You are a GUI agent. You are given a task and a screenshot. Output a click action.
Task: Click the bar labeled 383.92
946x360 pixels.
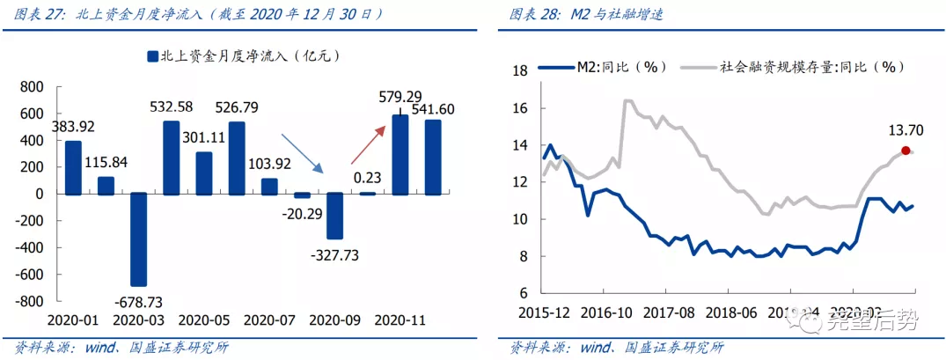click(x=73, y=166)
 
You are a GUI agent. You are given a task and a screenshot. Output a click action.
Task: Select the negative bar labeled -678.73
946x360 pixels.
click(x=138, y=239)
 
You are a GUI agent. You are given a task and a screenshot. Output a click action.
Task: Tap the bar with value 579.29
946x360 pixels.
click(x=400, y=154)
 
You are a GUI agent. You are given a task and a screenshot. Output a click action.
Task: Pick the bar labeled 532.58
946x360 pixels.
click(x=171, y=157)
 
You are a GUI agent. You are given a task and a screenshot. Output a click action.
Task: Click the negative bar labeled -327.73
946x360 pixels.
click(x=334, y=216)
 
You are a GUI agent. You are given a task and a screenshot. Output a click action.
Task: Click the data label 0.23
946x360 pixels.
click(x=367, y=178)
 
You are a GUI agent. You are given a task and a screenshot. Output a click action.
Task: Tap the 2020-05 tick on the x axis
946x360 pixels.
click(x=203, y=321)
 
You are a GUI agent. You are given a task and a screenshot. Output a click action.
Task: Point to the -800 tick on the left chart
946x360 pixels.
click(x=31, y=301)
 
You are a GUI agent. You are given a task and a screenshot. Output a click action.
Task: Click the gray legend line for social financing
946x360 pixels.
click(x=696, y=65)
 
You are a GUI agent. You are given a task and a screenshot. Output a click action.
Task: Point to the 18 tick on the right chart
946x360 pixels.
click(x=519, y=71)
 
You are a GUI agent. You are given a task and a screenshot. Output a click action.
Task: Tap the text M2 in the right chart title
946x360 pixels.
click(x=581, y=15)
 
